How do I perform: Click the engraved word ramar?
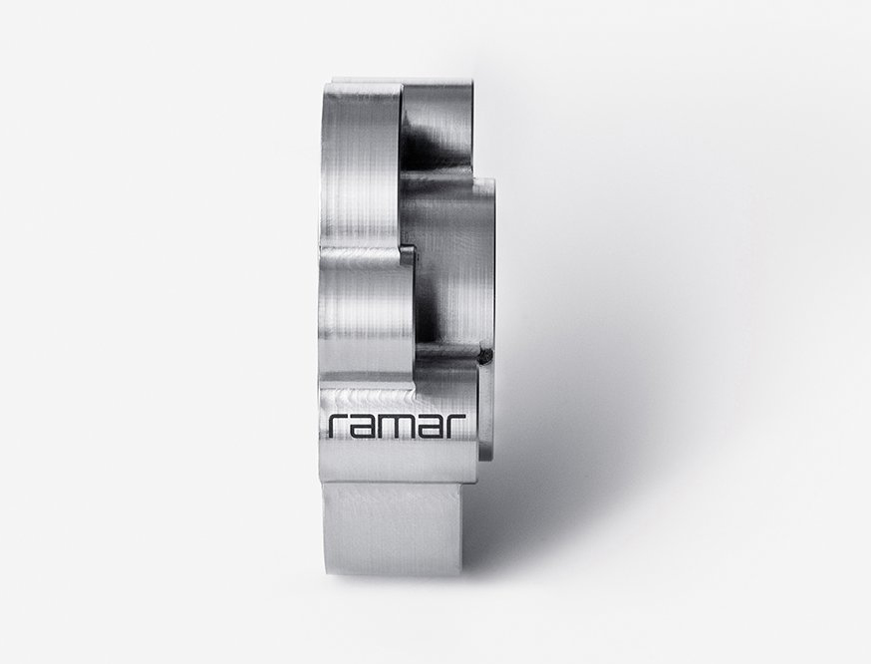(x=398, y=426)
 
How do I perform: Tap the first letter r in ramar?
(x=338, y=426)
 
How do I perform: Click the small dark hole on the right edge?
(x=487, y=356)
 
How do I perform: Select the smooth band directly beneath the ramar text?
(x=398, y=463)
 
